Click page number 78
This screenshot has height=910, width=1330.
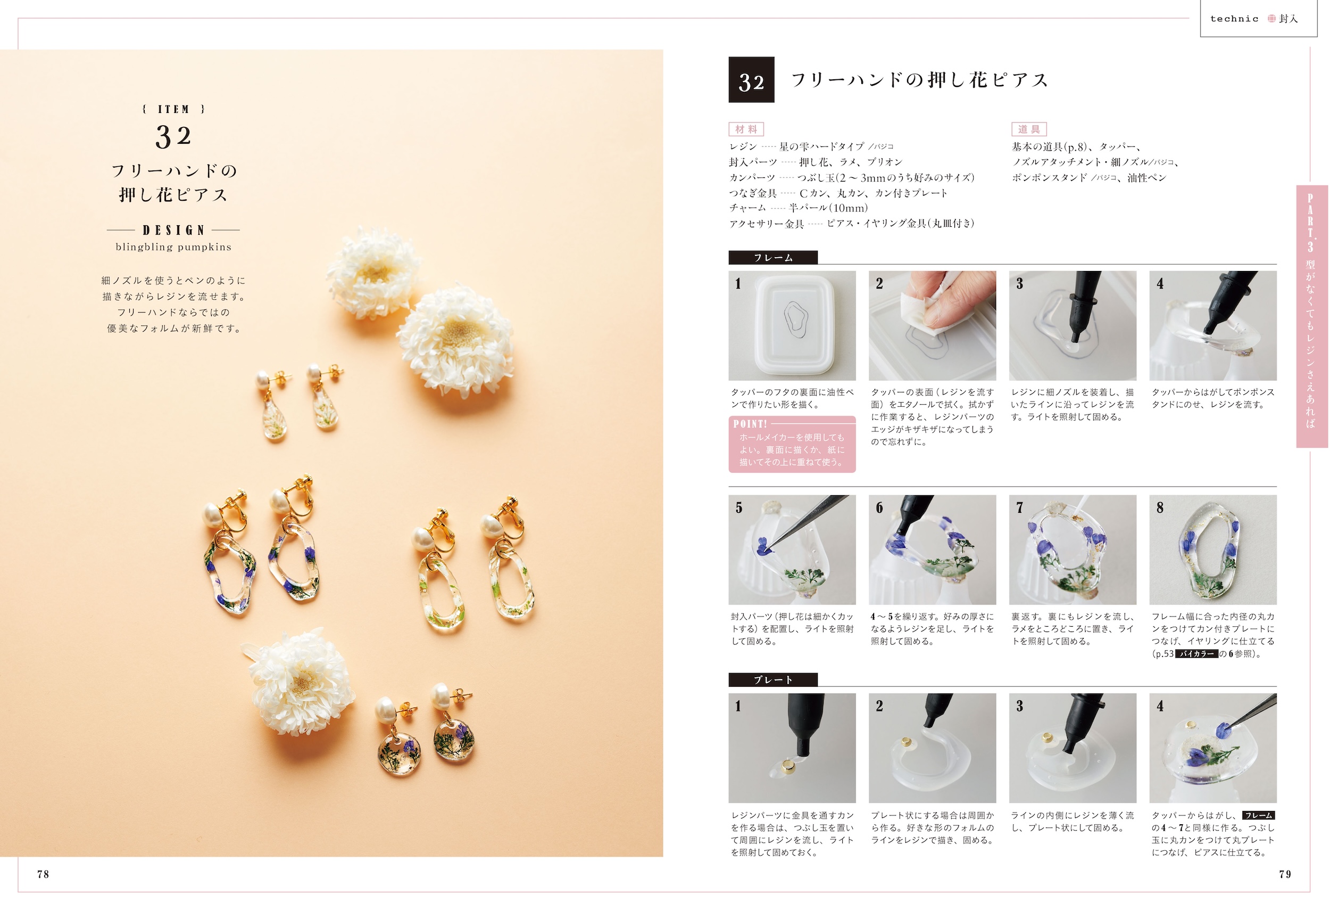pos(43,874)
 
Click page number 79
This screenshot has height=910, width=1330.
pos(1285,874)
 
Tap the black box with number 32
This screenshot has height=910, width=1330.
pos(751,79)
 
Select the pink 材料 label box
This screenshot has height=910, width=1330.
pos(746,129)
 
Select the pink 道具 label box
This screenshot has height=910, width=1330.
pos(1029,129)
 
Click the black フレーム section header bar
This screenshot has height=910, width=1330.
pos(773,258)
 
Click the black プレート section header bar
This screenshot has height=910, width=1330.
pos(773,680)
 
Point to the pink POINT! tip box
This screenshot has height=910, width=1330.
pos(792,445)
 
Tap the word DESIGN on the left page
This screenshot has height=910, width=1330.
pos(173,230)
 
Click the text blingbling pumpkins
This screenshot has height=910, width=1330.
pos(173,247)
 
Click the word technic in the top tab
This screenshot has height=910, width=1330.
pos(1234,19)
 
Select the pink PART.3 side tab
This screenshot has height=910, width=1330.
pos(1312,316)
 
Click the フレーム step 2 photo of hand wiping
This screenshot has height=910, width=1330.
pos(932,326)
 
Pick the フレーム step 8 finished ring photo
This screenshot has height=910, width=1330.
pos(1212,550)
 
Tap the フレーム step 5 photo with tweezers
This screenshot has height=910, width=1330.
pos(792,550)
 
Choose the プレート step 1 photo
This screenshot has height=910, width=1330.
pos(792,748)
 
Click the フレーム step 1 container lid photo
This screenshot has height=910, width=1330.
pos(792,326)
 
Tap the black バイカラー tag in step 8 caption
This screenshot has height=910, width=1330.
pos(1196,653)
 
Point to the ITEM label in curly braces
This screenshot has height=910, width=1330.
pos(173,109)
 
